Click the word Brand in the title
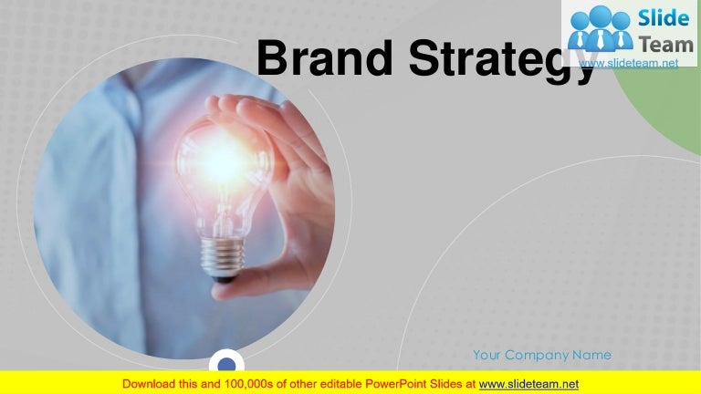(325, 57)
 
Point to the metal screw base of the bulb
(222, 257)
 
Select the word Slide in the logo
(664, 18)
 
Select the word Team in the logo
(666, 45)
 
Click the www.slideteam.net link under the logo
(629, 63)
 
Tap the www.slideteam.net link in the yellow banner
(528, 384)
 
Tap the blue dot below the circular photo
(226, 365)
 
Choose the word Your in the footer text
(487, 355)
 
